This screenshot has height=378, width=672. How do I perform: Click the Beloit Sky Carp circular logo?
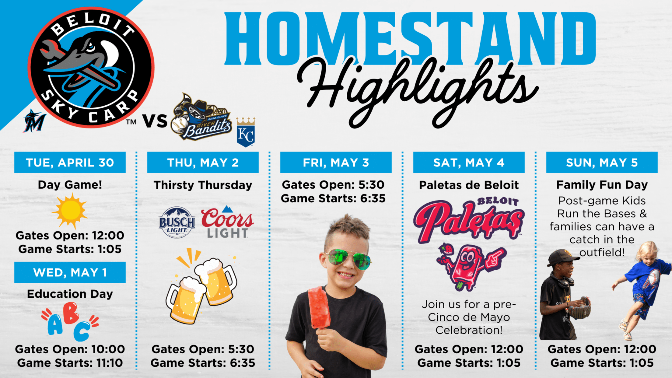tap(91, 67)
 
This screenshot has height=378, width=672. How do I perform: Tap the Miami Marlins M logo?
tap(34, 121)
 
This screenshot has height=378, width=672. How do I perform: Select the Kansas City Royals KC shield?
tap(246, 132)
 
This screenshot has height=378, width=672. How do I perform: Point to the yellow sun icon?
tap(70, 210)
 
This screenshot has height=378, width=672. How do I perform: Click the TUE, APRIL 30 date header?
tap(70, 163)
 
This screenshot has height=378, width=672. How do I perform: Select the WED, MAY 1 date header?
tap(70, 272)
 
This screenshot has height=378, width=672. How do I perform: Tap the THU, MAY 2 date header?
tap(203, 163)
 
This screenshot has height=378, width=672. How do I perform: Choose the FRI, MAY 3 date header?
tap(336, 163)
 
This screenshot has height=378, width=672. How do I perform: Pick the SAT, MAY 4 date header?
tap(469, 163)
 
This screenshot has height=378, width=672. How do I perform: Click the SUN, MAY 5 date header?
tap(602, 163)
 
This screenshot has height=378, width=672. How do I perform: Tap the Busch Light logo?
tap(177, 222)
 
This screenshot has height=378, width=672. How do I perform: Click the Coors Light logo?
tap(227, 222)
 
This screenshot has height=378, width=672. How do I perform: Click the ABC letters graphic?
tap(70, 321)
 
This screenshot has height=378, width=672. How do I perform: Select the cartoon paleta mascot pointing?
tap(470, 266)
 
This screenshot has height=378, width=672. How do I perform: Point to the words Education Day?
tap(70, 294)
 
